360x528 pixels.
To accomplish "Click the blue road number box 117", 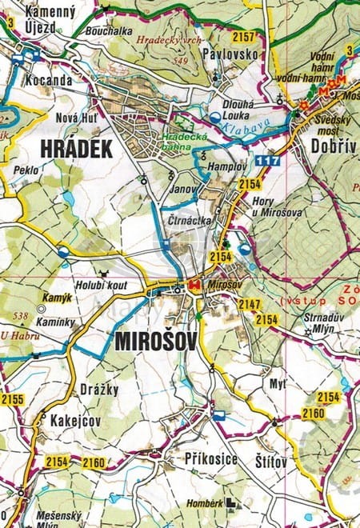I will click(x=269, y=162).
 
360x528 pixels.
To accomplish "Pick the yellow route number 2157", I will click(x=243, y=37).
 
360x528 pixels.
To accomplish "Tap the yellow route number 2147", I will click(x=250, y=305).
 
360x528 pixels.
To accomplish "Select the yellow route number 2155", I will click(x=12, y=398).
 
